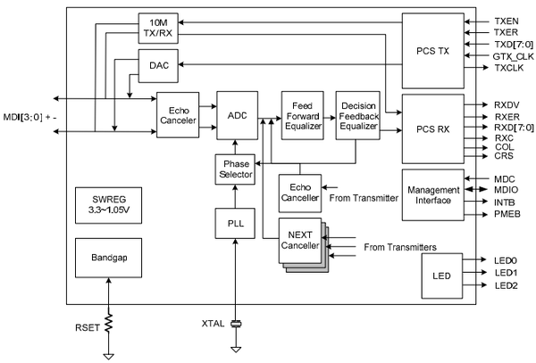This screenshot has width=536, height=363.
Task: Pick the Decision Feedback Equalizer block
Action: click(x=357, y=114)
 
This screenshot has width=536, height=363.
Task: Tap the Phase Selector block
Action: click(x=235, y=169)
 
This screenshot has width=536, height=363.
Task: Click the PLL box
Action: click(x=235, y=222)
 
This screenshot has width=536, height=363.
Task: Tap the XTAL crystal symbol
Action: click(x=236, y=324)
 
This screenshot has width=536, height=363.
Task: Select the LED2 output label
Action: click(x=506, y=285)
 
